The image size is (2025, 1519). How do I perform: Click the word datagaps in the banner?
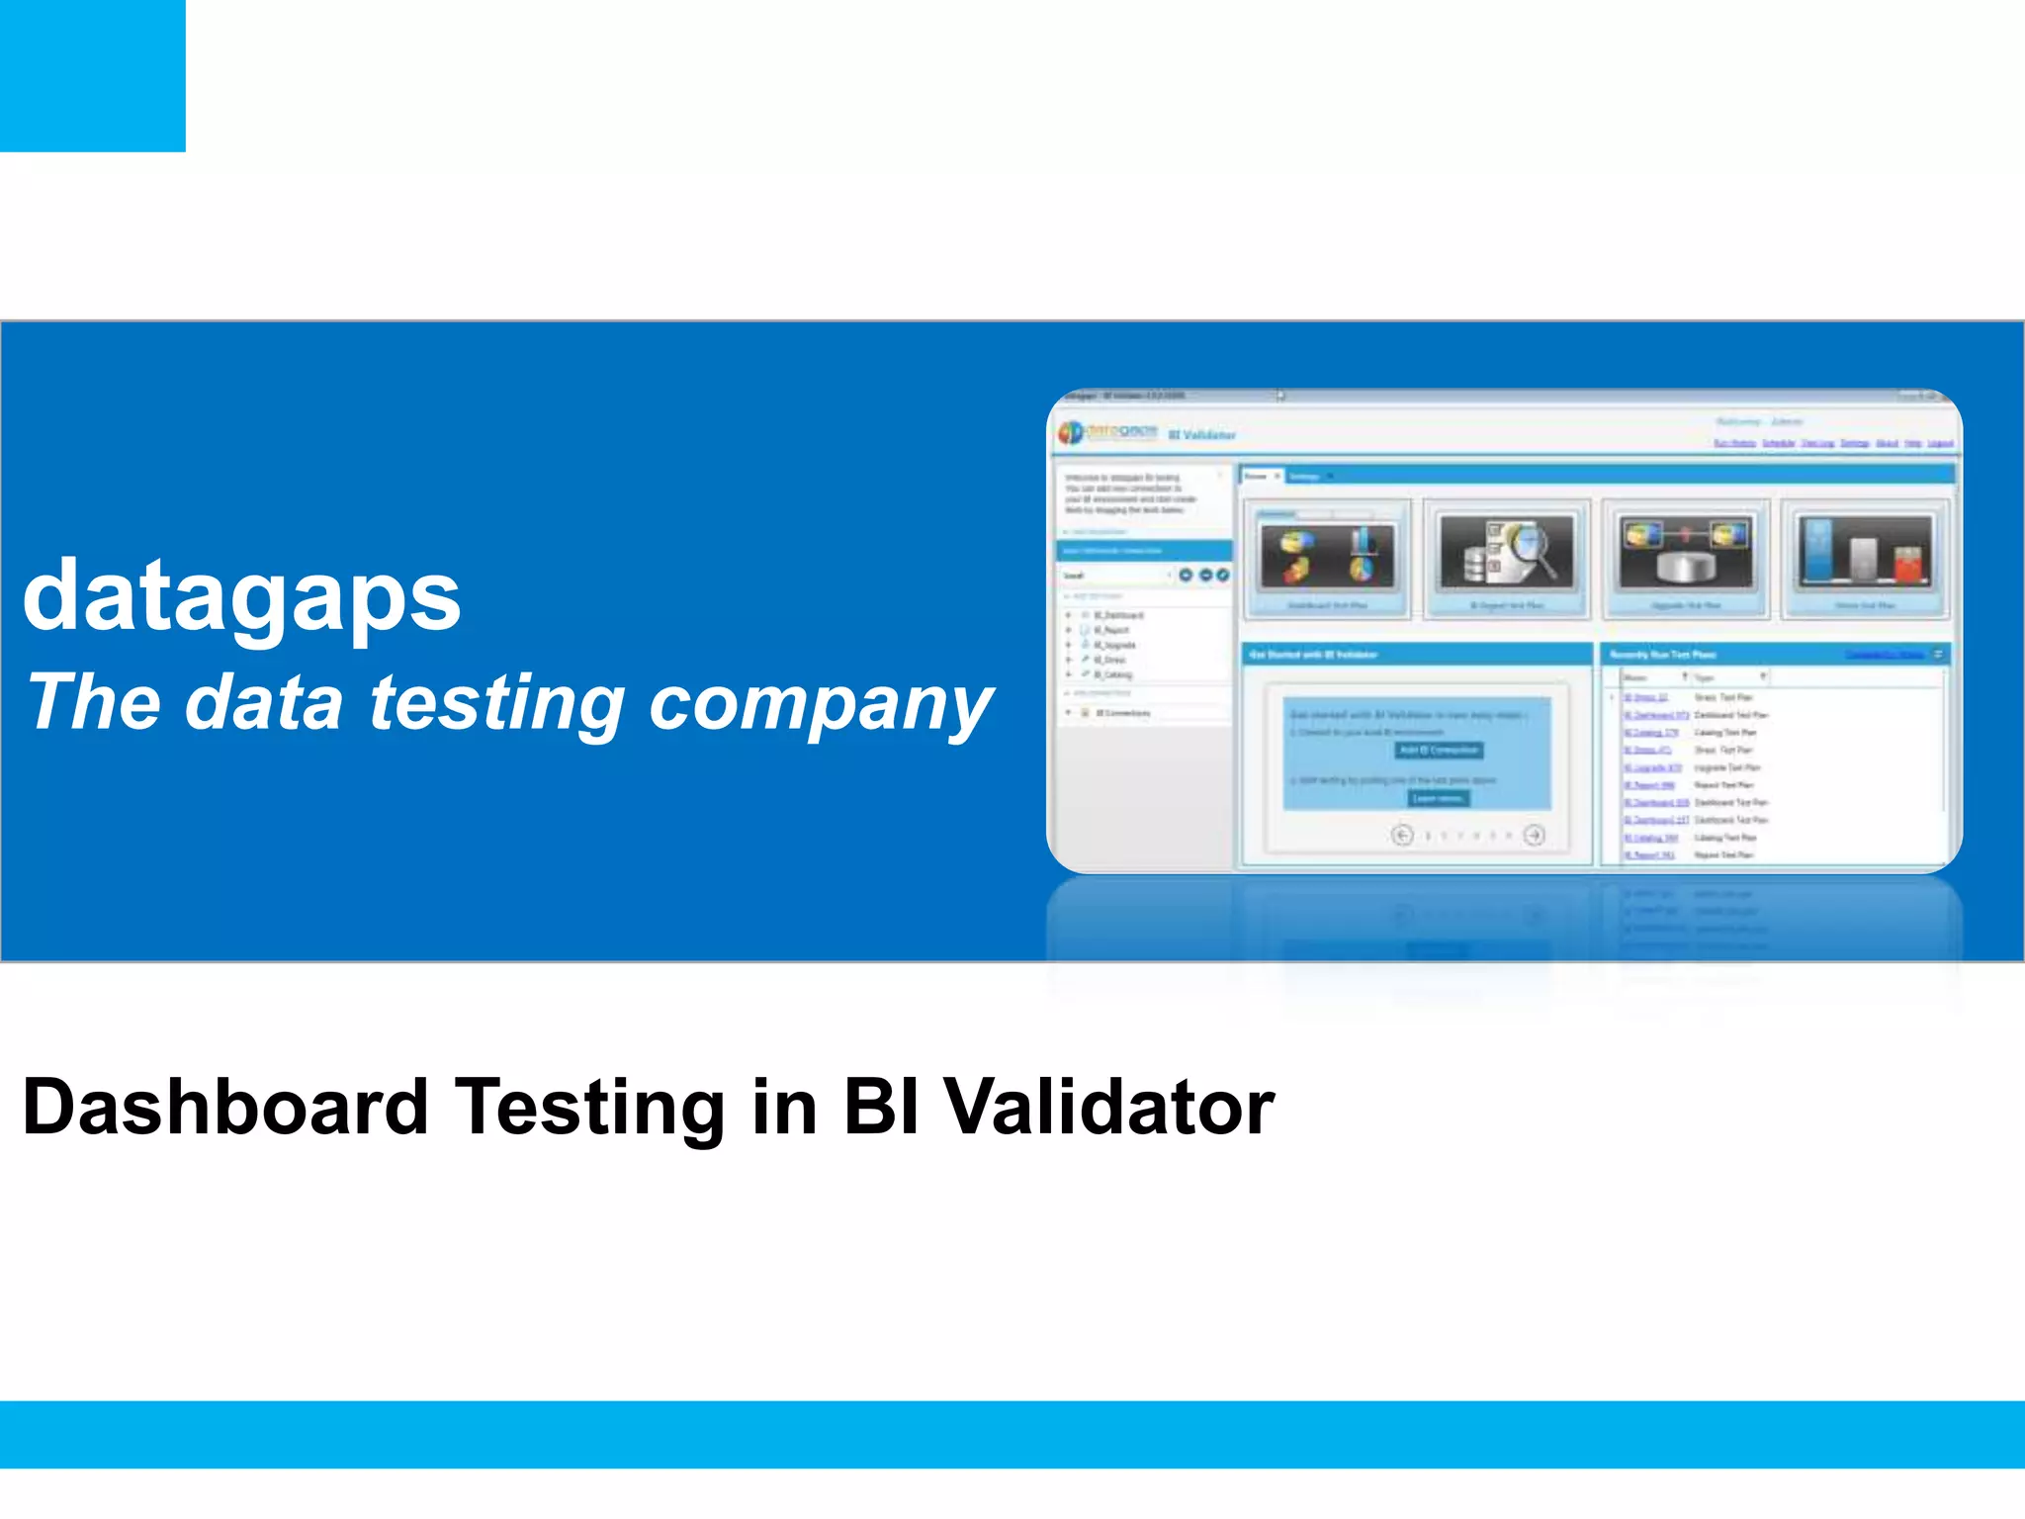pos(242,596)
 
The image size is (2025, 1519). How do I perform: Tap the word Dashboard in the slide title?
pos(225,1107)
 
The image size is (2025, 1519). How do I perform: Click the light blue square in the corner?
pos(92,75)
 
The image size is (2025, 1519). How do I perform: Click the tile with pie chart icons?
pos(1327,559)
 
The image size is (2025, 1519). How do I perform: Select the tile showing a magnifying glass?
pos(1507,559)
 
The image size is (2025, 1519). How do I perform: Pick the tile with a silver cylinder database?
pos(1685,559)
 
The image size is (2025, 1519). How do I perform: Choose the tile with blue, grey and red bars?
pos(1864,559)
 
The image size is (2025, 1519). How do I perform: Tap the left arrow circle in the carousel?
pos(1402,836)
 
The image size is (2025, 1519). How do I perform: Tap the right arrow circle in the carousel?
pos(1534,836)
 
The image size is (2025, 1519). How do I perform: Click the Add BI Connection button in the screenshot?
pos(1439,751)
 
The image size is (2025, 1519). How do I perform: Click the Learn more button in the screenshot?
pos(1439,798)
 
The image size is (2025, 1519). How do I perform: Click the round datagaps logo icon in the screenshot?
pos(1071,433)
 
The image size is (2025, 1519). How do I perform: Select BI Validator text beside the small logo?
pos(1201,435)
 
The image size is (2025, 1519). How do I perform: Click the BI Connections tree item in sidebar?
pos(1122,713)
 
